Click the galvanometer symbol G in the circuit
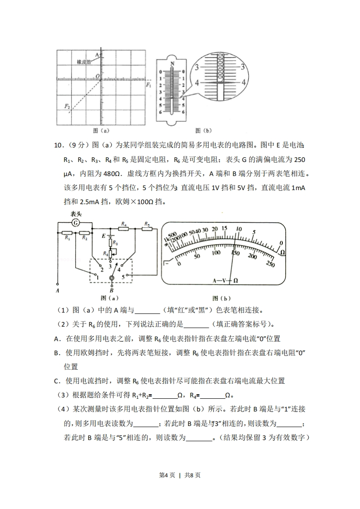76,222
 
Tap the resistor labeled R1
67,232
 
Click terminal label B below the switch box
111,290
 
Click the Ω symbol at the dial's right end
282,252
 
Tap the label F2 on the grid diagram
67,106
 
